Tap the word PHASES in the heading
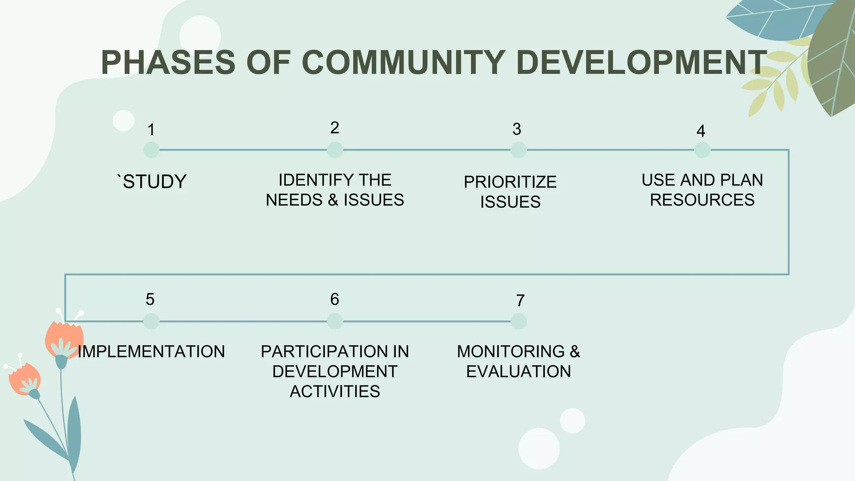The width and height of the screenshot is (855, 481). [x=168, y=62]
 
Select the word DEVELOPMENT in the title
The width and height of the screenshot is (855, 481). [x=641, y=62]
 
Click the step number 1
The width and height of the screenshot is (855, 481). [x=151, y=130]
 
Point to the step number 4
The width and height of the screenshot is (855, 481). [x=701, y=131]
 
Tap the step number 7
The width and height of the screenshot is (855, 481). [x=520, y=301]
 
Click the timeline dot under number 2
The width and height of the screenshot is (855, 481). [x=335, y=150]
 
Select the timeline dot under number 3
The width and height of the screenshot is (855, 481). [x=519, y=150]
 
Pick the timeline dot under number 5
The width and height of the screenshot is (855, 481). [x=151, y=322]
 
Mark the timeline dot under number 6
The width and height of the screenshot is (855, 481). [x=335, y=322]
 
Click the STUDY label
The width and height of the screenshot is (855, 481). [x=154, y=182]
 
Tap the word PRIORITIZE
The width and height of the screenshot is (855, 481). [x=510, y=182]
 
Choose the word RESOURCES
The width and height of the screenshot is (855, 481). [x=702, y=200]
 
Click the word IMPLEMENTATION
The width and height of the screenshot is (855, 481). [x=152, y=352]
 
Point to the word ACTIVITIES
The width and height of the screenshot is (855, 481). [x=335, y=392]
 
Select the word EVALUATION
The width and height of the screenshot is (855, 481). [x=519, y=372]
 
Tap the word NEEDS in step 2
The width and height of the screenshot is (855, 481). [x=294, y=200]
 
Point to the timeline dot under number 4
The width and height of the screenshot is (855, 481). [x=702, y=150]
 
